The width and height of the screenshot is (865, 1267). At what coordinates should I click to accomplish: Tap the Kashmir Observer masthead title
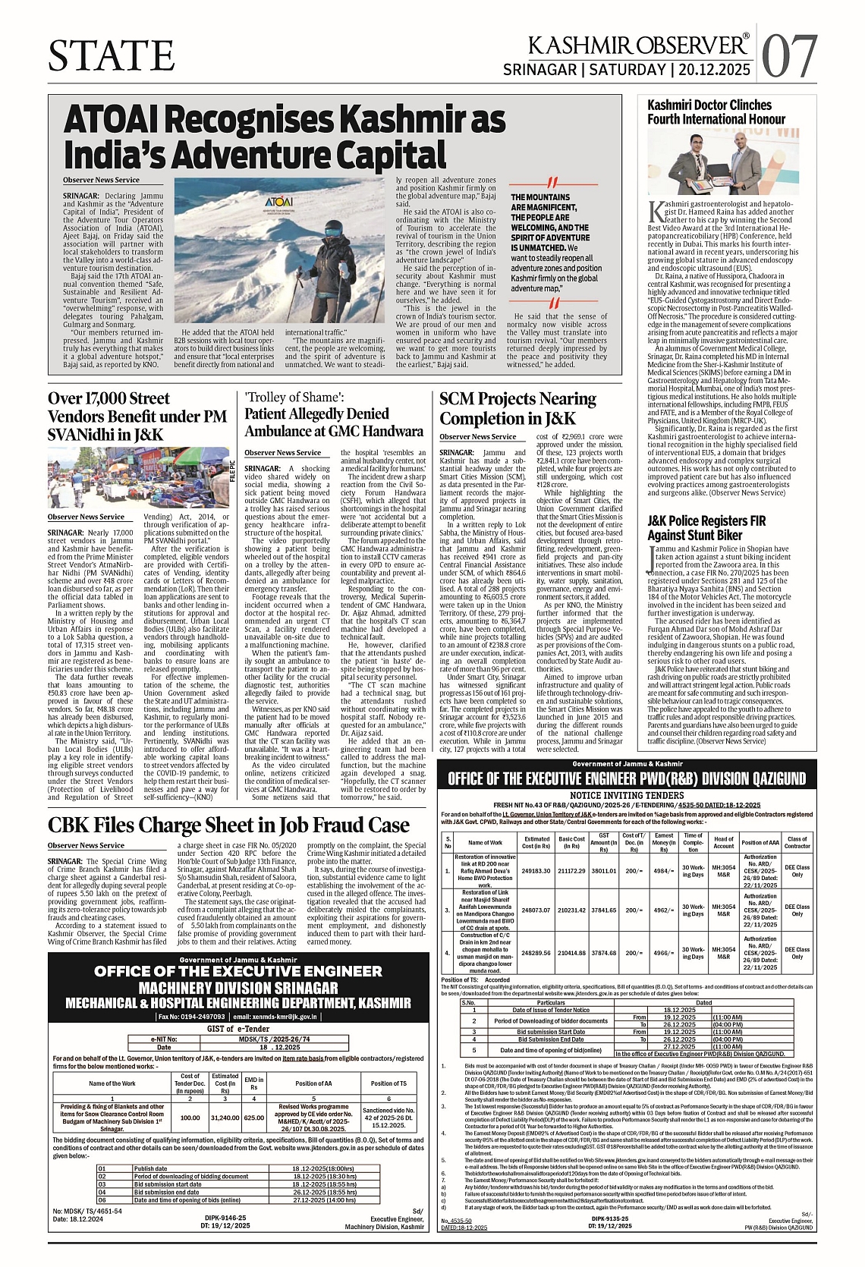coord(638,46)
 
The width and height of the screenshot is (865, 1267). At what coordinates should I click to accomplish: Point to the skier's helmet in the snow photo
coord(332,229)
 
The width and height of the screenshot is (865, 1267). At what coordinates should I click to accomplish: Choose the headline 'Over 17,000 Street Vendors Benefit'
coord(137,417)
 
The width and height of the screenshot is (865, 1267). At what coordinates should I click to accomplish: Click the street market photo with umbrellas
coord(138,477)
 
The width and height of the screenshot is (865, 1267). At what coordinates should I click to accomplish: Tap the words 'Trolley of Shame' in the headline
coord(294,397)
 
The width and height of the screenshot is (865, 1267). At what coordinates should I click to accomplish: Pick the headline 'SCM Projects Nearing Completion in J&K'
coord(517,408)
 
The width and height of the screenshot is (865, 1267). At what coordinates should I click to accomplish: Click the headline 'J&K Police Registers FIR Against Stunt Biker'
coord(706,528)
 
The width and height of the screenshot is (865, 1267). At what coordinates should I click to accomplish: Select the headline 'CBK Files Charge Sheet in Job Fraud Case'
coord(228,825)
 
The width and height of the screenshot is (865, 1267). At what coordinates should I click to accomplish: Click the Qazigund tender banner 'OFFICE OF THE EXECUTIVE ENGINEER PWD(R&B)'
coord(627,779)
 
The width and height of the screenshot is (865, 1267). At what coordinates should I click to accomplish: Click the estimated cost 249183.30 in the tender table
coord(536,871)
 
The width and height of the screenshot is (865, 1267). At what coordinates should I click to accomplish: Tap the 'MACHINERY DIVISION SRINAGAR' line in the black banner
coord(238,988)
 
